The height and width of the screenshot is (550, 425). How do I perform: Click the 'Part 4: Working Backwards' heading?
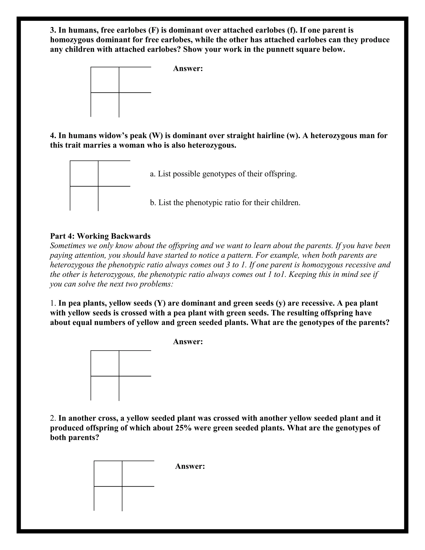100,236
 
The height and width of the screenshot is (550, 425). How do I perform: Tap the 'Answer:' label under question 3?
188,68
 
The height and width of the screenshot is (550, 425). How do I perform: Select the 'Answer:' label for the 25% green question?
190,466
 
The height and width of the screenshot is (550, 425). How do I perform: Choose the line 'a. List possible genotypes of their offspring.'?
223,174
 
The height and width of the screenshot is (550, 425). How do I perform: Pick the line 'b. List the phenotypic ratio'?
225,203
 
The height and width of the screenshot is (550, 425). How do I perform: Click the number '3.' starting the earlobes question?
53,30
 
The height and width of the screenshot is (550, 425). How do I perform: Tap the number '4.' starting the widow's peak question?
53,136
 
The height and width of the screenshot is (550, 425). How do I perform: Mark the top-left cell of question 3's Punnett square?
105,80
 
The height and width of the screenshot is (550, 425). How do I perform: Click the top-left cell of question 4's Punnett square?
84,174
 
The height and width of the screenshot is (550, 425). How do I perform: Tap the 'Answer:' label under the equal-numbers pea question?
188,342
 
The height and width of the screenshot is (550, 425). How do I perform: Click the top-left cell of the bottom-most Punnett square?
108,473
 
